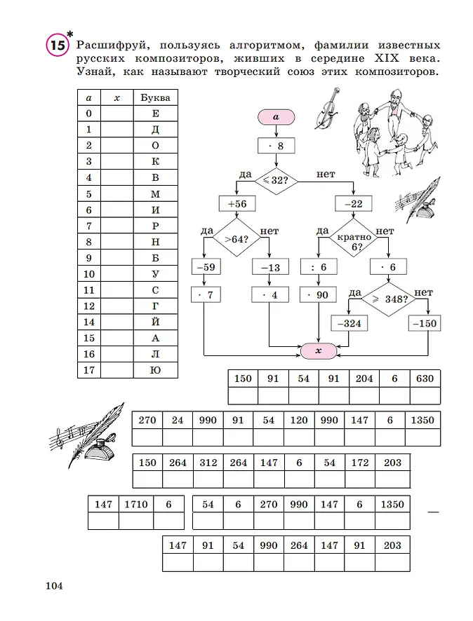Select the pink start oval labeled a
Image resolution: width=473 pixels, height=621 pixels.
coord(277,117)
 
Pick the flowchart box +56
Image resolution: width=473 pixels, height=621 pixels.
coord(236,204)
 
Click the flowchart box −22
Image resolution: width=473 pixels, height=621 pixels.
coord(354,204)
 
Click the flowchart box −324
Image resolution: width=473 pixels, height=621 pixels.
coord(349,325)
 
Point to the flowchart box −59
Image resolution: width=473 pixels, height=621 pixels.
coord(205,267)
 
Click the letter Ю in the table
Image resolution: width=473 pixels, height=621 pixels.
coord(155,369)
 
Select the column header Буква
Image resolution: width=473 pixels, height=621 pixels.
coord(155,97)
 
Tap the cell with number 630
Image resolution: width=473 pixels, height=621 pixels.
coord(425,378)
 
